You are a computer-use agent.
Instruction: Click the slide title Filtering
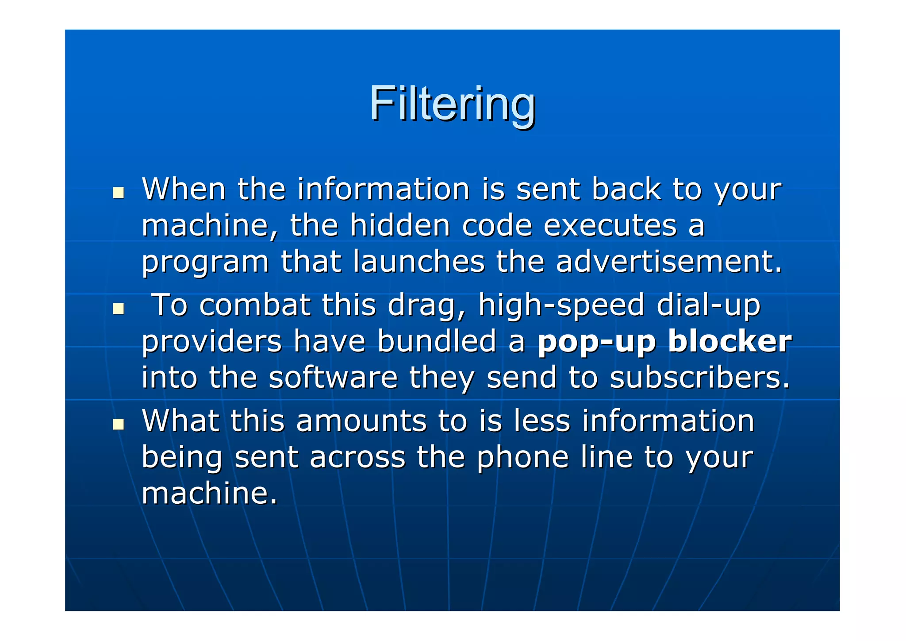tap(453, 104)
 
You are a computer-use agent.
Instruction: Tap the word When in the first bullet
tap(184, 189)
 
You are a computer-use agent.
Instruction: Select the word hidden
tap(400, 225)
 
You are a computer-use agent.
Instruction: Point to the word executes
tap(610, 225)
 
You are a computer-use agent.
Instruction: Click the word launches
tap(419, 261)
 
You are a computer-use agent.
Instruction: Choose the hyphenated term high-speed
tap(561, 306)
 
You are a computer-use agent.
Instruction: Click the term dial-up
tap(708, 306)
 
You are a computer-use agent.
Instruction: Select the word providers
tap(211, 342)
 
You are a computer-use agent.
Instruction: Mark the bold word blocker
tap(729, 341)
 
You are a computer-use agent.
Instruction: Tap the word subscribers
tap(699, 378)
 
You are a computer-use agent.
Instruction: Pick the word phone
tap(522, 457)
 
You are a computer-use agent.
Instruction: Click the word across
tap(357, 457)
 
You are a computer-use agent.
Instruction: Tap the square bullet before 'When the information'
tap(118, 193)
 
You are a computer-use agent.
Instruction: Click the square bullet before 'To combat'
tap(118, 309)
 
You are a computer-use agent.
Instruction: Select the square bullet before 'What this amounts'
tap(118, 425)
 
